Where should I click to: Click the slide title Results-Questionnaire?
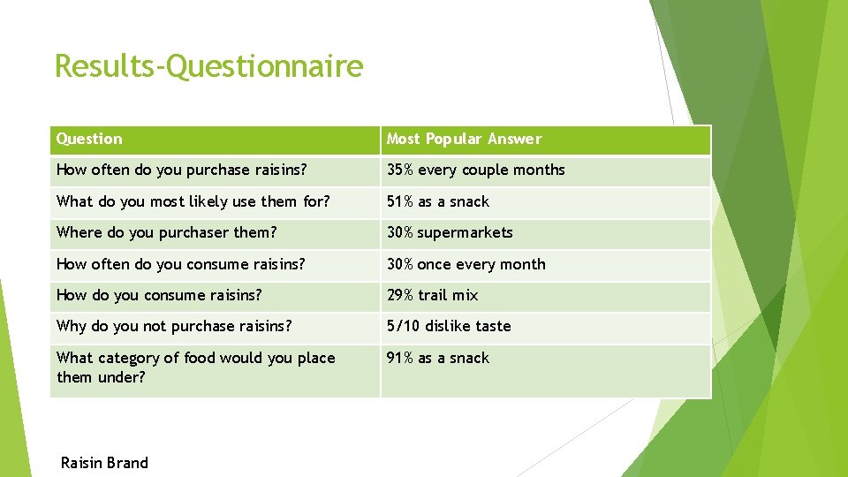tap(208, 66)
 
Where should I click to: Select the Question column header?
tap(89, 139)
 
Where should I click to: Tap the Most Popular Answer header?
tap(464, 139)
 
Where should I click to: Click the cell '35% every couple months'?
tap(475, 170)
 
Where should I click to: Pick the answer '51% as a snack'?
tap(437, 201)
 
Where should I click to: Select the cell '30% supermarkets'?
tap(450, 232)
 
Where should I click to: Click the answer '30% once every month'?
tap(466, 264)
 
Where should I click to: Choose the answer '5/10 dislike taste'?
tap(449, 326)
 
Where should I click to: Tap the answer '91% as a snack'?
tap(437, 358)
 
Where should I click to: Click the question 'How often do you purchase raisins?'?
tap(181, 170)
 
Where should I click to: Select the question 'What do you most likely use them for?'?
tap(193, 201)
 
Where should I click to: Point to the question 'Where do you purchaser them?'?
tap(166, 232)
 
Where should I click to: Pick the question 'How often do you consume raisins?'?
tap(180, 264)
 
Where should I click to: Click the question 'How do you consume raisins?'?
tap(159, 295)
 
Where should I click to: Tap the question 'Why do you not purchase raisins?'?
tap(173, 326)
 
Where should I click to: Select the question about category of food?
tap(195, 367)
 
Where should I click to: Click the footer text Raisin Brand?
tap(104, 463)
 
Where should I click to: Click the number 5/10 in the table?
tap(404, 326)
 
